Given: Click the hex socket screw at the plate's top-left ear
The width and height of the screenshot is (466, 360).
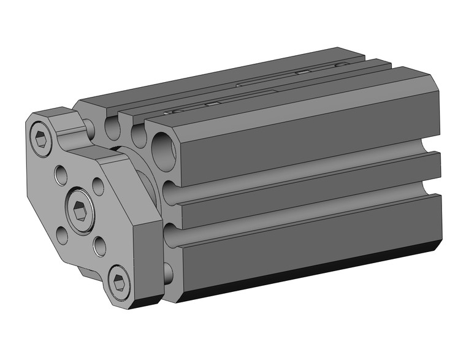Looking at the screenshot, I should coord(40,140).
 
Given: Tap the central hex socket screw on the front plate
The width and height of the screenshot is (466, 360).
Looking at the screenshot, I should coord(80,210).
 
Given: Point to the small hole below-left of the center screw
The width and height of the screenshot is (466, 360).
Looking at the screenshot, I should coord(63,236).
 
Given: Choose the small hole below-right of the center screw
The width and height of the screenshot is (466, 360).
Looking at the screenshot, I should coord(100,246).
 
